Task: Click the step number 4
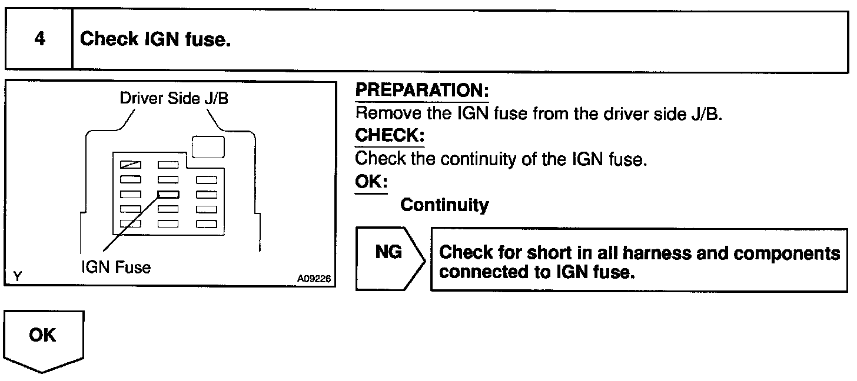pyautogui.click(x=39, y=40)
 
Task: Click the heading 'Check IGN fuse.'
pyautogui.click(x=155, y=40)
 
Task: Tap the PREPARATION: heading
pyautogui.click(x=422, y=91)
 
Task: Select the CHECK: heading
pyautogui.click(x=390, y=135)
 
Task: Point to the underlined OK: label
pyautogui.click(x=371, y=182)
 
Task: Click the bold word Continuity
pyautogui.click(x=444, y=205)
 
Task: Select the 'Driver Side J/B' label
pyautogui.click(x=174, y=98)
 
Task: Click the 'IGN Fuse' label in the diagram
pyautogui.click(x=115, y=268)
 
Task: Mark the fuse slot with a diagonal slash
pyautogui.click(x=131, y=165)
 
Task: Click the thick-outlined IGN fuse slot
pyautogui.click(x=168, y=195)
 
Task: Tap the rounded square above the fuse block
pyautogui.click(x=208, y=147)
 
